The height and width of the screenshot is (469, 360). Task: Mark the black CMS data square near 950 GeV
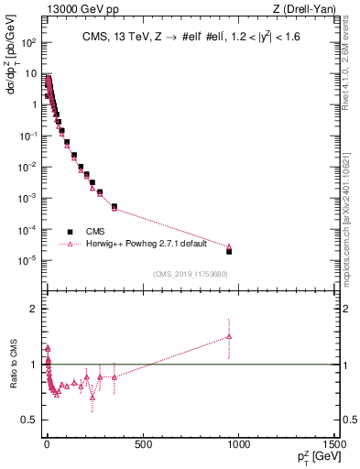pos(229,251)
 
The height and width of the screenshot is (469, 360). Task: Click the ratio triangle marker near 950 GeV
pos(229,336)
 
